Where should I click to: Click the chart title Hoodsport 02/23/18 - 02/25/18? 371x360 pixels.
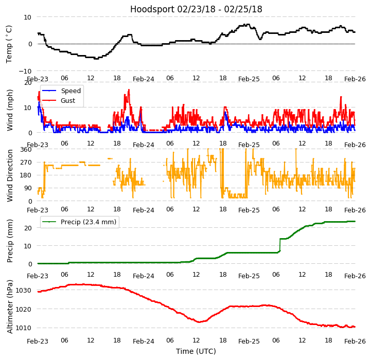click(196, 9)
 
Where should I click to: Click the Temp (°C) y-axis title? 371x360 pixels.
click(9, 44)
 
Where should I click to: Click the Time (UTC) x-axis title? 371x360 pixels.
click(196, 351)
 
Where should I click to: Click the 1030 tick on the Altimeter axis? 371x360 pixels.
click(23, 291)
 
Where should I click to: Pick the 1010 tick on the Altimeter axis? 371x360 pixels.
click(23, 328)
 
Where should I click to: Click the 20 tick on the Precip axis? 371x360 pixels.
click(29, 228)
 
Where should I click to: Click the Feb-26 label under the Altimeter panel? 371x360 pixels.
click(355, 341)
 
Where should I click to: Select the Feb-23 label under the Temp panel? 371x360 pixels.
click(38, 79)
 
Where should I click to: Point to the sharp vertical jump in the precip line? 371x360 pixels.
click(279, 245)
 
